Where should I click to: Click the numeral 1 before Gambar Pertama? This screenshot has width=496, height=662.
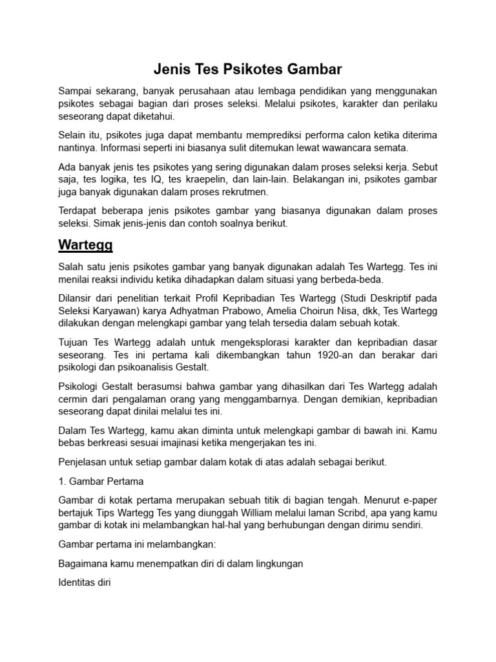61,482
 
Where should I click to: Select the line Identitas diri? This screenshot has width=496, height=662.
85,582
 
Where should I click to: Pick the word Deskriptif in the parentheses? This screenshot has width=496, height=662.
371,298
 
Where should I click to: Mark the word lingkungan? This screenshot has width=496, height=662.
274,564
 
